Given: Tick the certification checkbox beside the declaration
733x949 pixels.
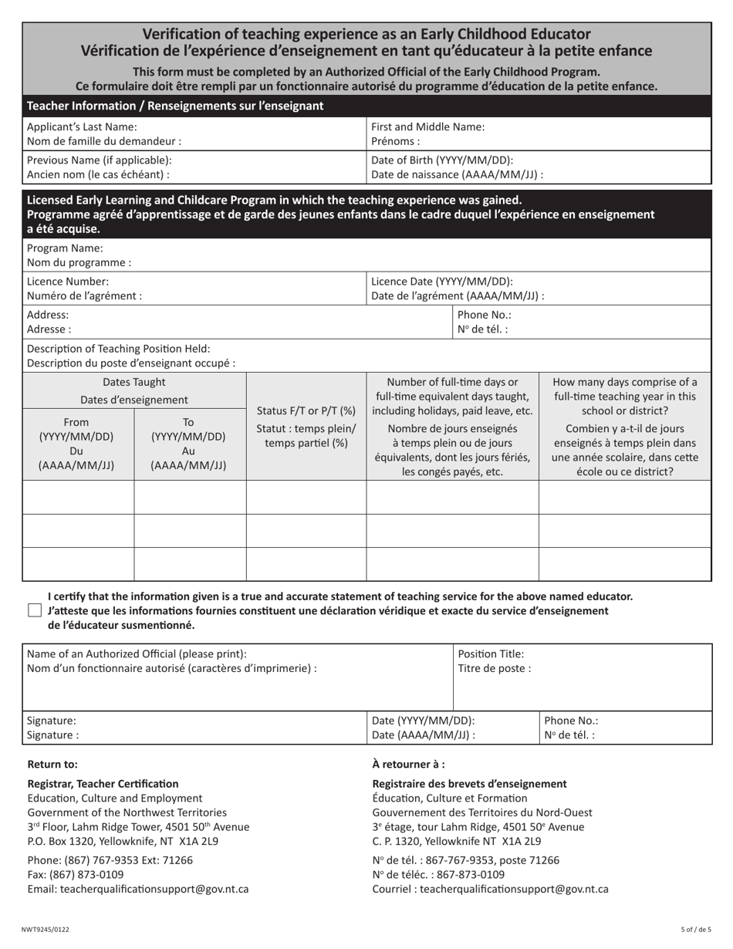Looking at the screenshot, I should click(34, 610).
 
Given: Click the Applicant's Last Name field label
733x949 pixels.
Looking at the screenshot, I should click(82, 127).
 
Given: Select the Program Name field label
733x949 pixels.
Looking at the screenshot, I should click(65, 248).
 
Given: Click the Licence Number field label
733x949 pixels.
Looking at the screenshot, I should click(68, 282).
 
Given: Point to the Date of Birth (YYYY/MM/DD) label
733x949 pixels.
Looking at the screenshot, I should click(442, 160).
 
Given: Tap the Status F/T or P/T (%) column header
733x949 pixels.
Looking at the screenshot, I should click(306, 410).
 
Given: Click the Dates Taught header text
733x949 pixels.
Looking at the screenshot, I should click(134, 382).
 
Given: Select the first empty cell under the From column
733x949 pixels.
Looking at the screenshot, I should click(78, 497).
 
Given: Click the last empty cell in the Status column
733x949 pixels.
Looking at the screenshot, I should click(306, 563).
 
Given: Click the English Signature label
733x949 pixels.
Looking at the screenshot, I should click(52, 720).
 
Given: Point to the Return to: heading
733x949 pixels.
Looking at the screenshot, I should click(52, 765).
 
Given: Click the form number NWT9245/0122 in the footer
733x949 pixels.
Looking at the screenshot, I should click(45, 930).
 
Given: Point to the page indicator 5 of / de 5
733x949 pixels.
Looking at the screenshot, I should click(695, 930).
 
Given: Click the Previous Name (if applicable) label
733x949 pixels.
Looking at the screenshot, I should click(100, 160).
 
